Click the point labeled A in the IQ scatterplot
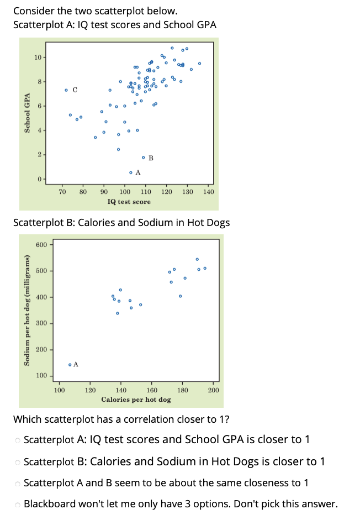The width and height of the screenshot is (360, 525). (131, 172)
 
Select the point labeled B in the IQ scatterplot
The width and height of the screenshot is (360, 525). (144, 158)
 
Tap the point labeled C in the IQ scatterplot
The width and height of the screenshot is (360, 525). (66, 90)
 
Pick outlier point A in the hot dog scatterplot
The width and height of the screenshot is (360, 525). (70, 364)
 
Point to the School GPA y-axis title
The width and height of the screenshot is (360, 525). (26, 113)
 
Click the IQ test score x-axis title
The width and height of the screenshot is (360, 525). (129, 202)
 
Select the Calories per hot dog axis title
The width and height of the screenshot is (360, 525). (136, 399)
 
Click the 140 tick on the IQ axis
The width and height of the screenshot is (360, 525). (208, 192)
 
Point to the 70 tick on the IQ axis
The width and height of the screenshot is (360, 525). (62, 192)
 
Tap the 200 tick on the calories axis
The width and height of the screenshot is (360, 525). (214, 390)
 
